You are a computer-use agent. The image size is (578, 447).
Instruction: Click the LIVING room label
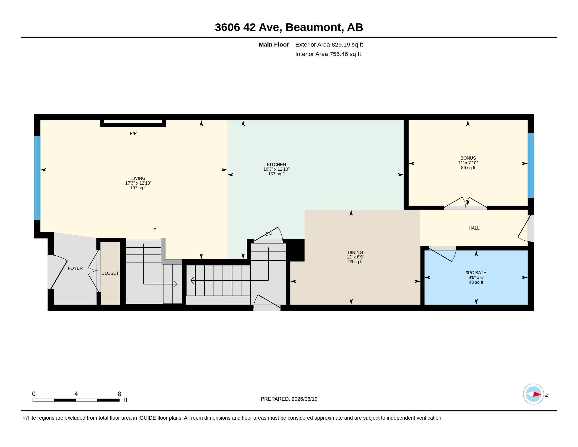(138, 178)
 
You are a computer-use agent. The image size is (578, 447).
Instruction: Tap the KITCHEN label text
(276, 164)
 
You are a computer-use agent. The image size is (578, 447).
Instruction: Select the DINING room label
(355, 252)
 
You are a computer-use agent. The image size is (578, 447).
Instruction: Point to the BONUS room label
(468, 158)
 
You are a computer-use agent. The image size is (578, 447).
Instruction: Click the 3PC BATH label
(476, 272)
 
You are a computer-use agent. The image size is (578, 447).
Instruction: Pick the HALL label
(474, 228)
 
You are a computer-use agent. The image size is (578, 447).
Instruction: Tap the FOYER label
(75, 268)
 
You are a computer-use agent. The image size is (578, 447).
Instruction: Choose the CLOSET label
(110, 273)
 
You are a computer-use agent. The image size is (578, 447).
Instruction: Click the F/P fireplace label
(133, 134)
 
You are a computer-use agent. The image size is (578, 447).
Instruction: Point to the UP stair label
(153, 230)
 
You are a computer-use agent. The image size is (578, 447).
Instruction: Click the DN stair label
(268, 234)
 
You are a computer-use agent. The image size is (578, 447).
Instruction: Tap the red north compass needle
(537, 394)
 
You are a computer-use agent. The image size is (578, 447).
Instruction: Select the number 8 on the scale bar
(119, 394)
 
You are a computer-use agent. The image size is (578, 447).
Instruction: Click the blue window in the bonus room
(531, 165)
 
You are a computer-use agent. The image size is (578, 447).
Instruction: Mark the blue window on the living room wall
(37, 178)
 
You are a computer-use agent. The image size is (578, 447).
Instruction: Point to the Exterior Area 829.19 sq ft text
(329, 45)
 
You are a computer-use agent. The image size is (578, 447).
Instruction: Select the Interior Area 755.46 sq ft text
(328, 54)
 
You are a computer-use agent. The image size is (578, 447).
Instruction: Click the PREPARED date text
(289, 399)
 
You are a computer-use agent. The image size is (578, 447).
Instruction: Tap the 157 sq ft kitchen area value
(276, 174)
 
